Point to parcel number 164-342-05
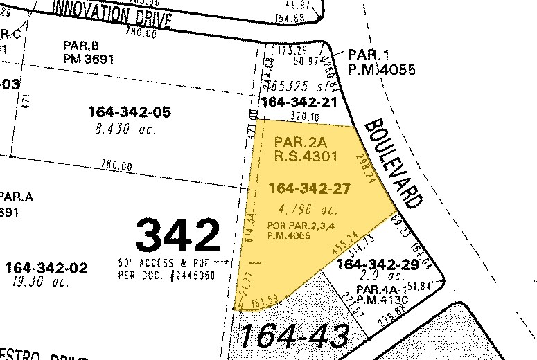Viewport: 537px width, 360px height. [x=130, y=112]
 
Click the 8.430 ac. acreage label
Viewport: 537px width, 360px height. [x=122, y=129]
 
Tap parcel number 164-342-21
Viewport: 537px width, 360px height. [x=298, y=102]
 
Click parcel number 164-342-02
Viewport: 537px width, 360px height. [x=46, y=267]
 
